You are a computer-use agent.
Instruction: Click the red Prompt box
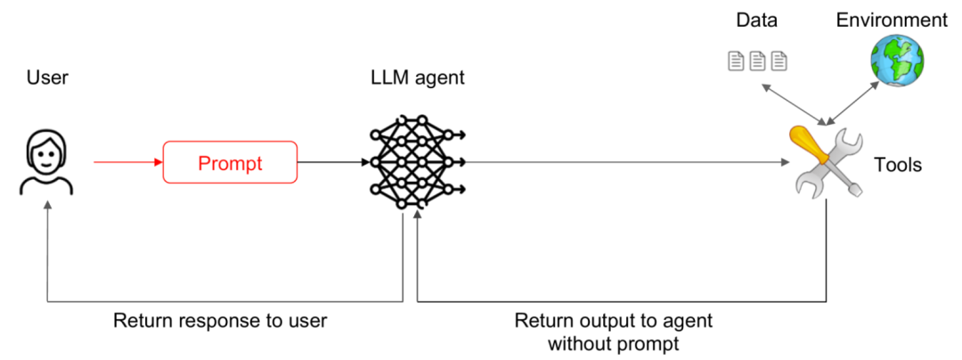point(230,162)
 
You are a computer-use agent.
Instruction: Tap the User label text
point(47,78)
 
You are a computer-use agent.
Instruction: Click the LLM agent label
point(417,78)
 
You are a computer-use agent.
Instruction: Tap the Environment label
point(892,20)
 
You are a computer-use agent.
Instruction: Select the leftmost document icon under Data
point(737,61)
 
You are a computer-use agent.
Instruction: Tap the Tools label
point(897,165)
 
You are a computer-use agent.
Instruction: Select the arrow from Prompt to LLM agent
point(332,162)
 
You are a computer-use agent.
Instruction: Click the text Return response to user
point(220,321)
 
